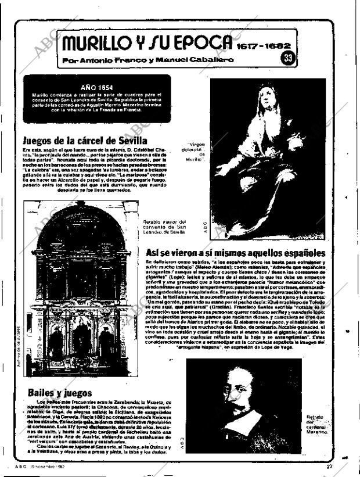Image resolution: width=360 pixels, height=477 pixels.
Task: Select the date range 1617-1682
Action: [x=263, y=45]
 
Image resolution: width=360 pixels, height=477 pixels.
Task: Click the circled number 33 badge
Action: [x=287, y=58]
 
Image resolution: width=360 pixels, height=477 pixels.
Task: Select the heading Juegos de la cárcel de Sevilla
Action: [x=85, y=141]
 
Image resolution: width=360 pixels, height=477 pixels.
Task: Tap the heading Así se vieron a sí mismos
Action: [x=236, y=253]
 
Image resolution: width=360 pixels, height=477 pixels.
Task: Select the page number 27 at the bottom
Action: [x=329, y=466]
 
